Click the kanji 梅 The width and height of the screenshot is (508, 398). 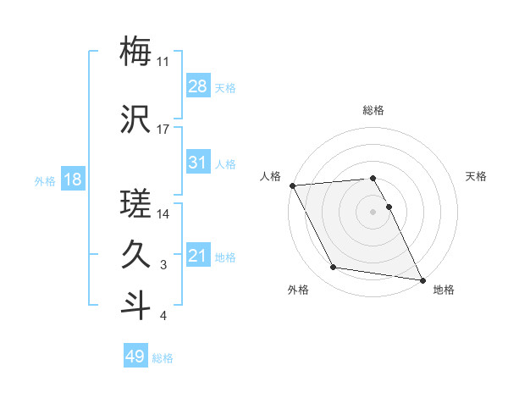point(136,52)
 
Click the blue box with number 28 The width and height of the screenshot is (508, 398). point(197,86)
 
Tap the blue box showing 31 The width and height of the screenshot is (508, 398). point(197,163)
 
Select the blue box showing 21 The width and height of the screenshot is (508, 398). point(197,256)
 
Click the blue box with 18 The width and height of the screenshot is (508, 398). point(72,180)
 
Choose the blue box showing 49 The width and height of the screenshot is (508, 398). point(135,357)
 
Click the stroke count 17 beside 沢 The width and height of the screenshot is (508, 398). point(163,130)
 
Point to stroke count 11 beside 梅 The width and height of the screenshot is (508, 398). point(163,62)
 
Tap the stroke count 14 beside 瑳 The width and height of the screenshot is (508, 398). point(163,214)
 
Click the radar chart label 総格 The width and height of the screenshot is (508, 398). point(373,110)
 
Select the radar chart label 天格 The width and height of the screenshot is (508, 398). point(477,176)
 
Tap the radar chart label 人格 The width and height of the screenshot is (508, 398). point(270,176)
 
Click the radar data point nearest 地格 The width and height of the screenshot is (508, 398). point(422,279)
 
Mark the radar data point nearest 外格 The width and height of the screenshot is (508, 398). point(333,268)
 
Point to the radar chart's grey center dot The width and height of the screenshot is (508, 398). point(373,211)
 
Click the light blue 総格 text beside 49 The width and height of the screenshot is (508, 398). point(163,358)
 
